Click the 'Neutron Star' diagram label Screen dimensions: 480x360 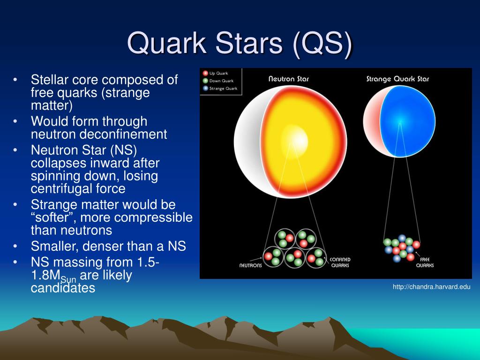coord(289,79)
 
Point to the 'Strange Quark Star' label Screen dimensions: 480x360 coord(397,79)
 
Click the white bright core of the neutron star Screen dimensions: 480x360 coord(295,140)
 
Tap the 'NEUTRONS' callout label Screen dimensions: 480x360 coord(250,265)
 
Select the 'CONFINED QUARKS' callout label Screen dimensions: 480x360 coord(340,262)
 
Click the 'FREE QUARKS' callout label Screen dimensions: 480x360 coord(425,262)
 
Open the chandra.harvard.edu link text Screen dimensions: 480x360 coord(432,287)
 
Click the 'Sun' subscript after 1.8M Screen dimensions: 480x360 coord(68,279)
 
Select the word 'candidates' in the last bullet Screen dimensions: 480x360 coord(63,288)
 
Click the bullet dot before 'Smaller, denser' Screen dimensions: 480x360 coord(15,246)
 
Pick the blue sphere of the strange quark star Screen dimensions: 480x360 coord(407,121)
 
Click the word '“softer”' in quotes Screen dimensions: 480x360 coord(53,217)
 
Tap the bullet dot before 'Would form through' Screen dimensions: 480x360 coord(15,121)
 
